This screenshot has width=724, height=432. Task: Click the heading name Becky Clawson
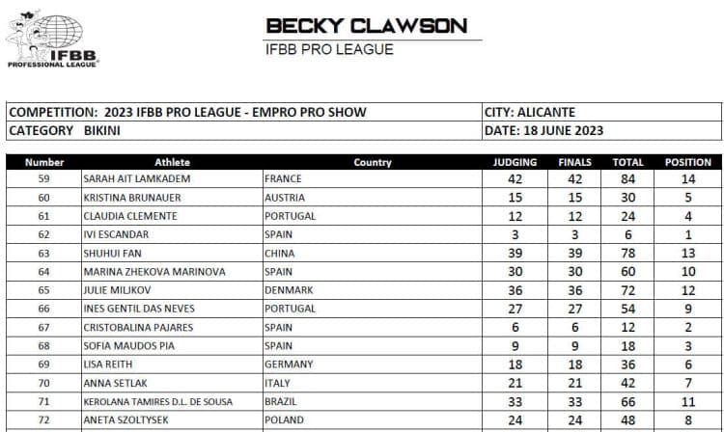click(x=366, y=26)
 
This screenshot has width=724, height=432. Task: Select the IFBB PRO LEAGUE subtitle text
click(x=328, y=49)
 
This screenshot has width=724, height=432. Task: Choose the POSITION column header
click(x=687, y=162)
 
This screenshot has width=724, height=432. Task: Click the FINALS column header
click(x=574, y=162)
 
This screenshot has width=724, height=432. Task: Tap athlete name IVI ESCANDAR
click(x=120, y=234)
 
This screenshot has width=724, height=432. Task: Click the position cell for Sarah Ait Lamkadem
click(x=687, y=178)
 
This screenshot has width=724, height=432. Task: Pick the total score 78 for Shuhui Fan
click(x=627, y=253)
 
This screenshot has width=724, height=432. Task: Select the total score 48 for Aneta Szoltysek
click(x=627, y=420)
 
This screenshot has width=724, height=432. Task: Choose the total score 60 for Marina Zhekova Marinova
click(x=627, y=272)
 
